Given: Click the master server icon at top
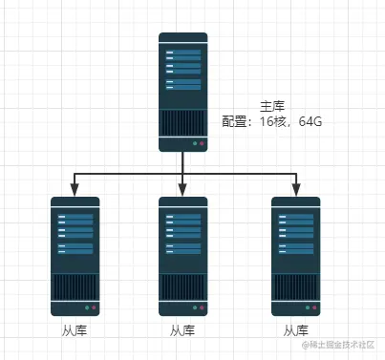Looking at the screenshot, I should (182, 92).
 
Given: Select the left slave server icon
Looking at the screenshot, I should (75, 256).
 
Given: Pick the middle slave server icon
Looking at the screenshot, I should (182, 256).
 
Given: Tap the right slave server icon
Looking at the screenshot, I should (295, 256).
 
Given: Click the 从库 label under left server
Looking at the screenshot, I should (75, 330).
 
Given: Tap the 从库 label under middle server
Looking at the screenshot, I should (182, 330).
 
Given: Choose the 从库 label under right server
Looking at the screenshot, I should (295, 330).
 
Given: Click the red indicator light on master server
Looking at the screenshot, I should (202, 144).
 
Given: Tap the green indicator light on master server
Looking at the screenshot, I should (194, 144).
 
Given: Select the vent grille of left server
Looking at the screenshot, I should (75, 286).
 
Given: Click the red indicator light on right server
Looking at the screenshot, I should (314, 308).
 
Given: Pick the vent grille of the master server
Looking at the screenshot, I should (182, 122).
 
